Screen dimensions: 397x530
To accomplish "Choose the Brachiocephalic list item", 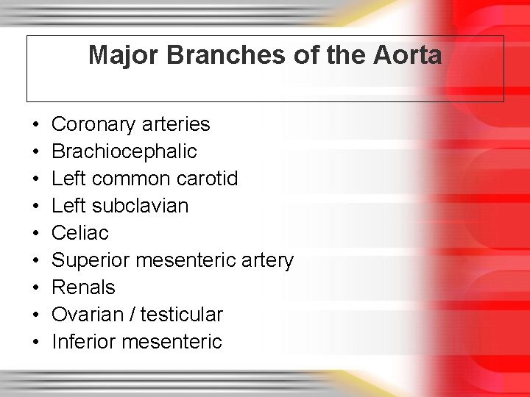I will pos(124,151).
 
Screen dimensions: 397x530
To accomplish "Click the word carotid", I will pos(208,179).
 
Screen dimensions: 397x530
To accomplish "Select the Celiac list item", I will pos(80,233).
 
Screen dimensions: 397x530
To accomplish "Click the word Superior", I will pos(88,260).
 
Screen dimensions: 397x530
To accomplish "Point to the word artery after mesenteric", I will pos(268,260).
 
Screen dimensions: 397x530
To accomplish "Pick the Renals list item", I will pos(83,287).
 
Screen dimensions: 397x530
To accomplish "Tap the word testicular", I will pos(181,315).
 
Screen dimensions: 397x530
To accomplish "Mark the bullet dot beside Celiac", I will pos(36,234).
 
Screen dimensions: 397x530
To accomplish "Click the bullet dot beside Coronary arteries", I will pos(36,125).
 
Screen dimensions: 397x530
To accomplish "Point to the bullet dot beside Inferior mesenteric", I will pos(36,343).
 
